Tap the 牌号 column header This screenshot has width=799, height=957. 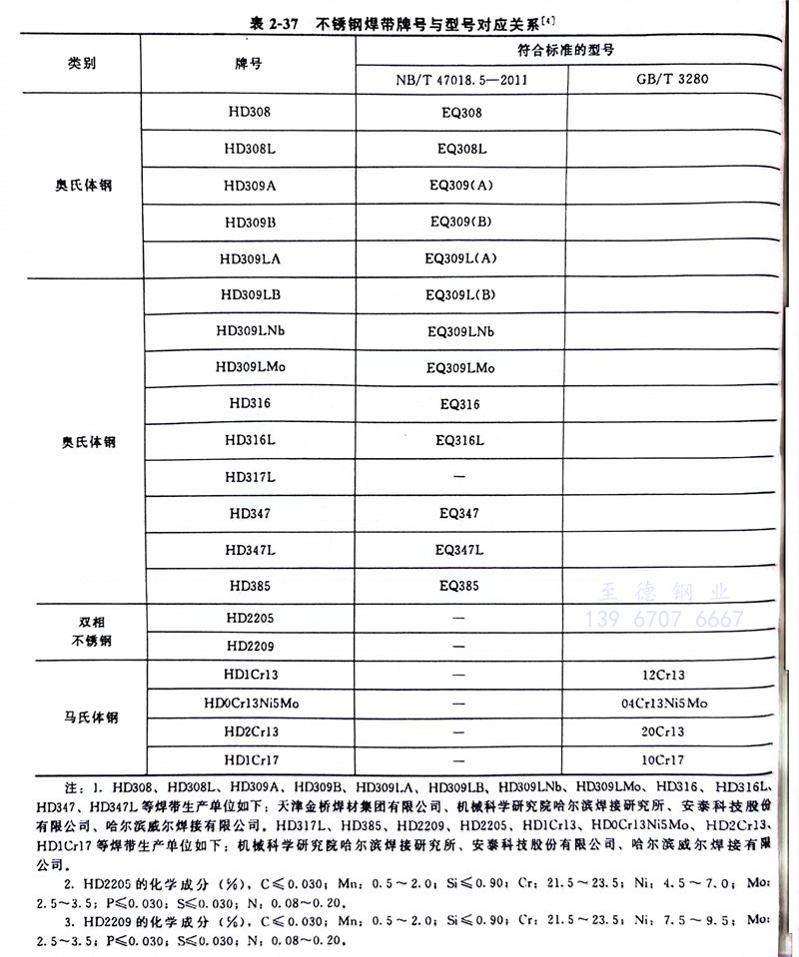click(249, 63)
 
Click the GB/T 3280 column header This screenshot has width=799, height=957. click(671, 79)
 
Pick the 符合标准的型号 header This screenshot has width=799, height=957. click(564, 48)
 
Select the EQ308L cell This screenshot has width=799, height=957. click(460, 149)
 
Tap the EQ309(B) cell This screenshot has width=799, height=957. click(460, 222)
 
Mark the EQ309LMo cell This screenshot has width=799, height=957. click(460, 367)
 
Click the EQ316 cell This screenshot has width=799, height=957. click(460, 404)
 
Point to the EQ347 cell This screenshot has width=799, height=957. click(460, 513)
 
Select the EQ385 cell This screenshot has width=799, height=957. click(460, 586)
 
